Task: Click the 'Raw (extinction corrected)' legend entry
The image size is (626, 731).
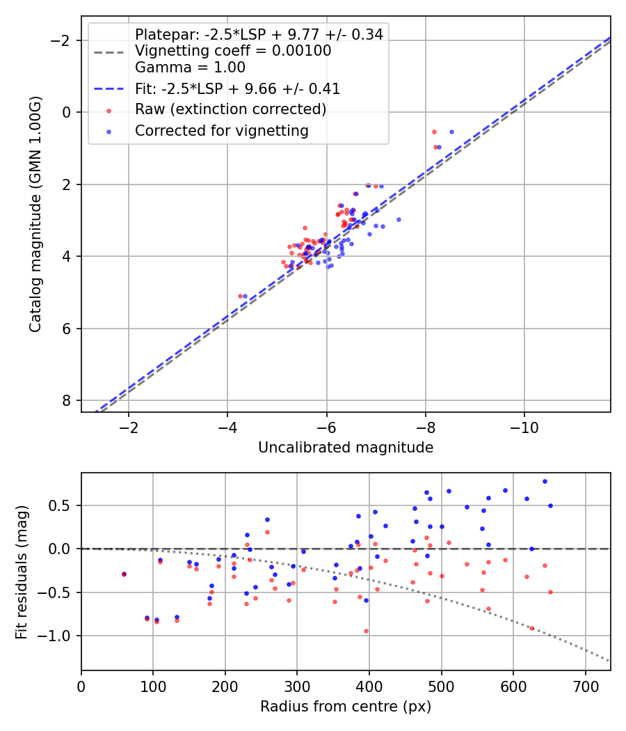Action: pos(230,109)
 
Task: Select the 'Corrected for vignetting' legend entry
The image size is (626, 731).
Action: pos(221,130)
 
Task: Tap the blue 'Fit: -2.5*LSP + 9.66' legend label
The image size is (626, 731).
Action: pos(237,89)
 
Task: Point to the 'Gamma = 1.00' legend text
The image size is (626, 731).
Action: pos(190,68)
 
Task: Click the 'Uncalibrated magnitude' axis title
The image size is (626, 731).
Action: pos(346,448)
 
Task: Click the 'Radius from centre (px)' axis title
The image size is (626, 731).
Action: pos(346,707)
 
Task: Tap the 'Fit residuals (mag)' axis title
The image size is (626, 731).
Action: pos(22,571)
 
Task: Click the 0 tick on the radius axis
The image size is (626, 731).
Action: pos(81,686)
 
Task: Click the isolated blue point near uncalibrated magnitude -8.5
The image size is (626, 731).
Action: pos(451,132)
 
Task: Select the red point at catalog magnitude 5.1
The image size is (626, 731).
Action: pos(240,296)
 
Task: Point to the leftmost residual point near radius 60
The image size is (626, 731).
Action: pos(124,574)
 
